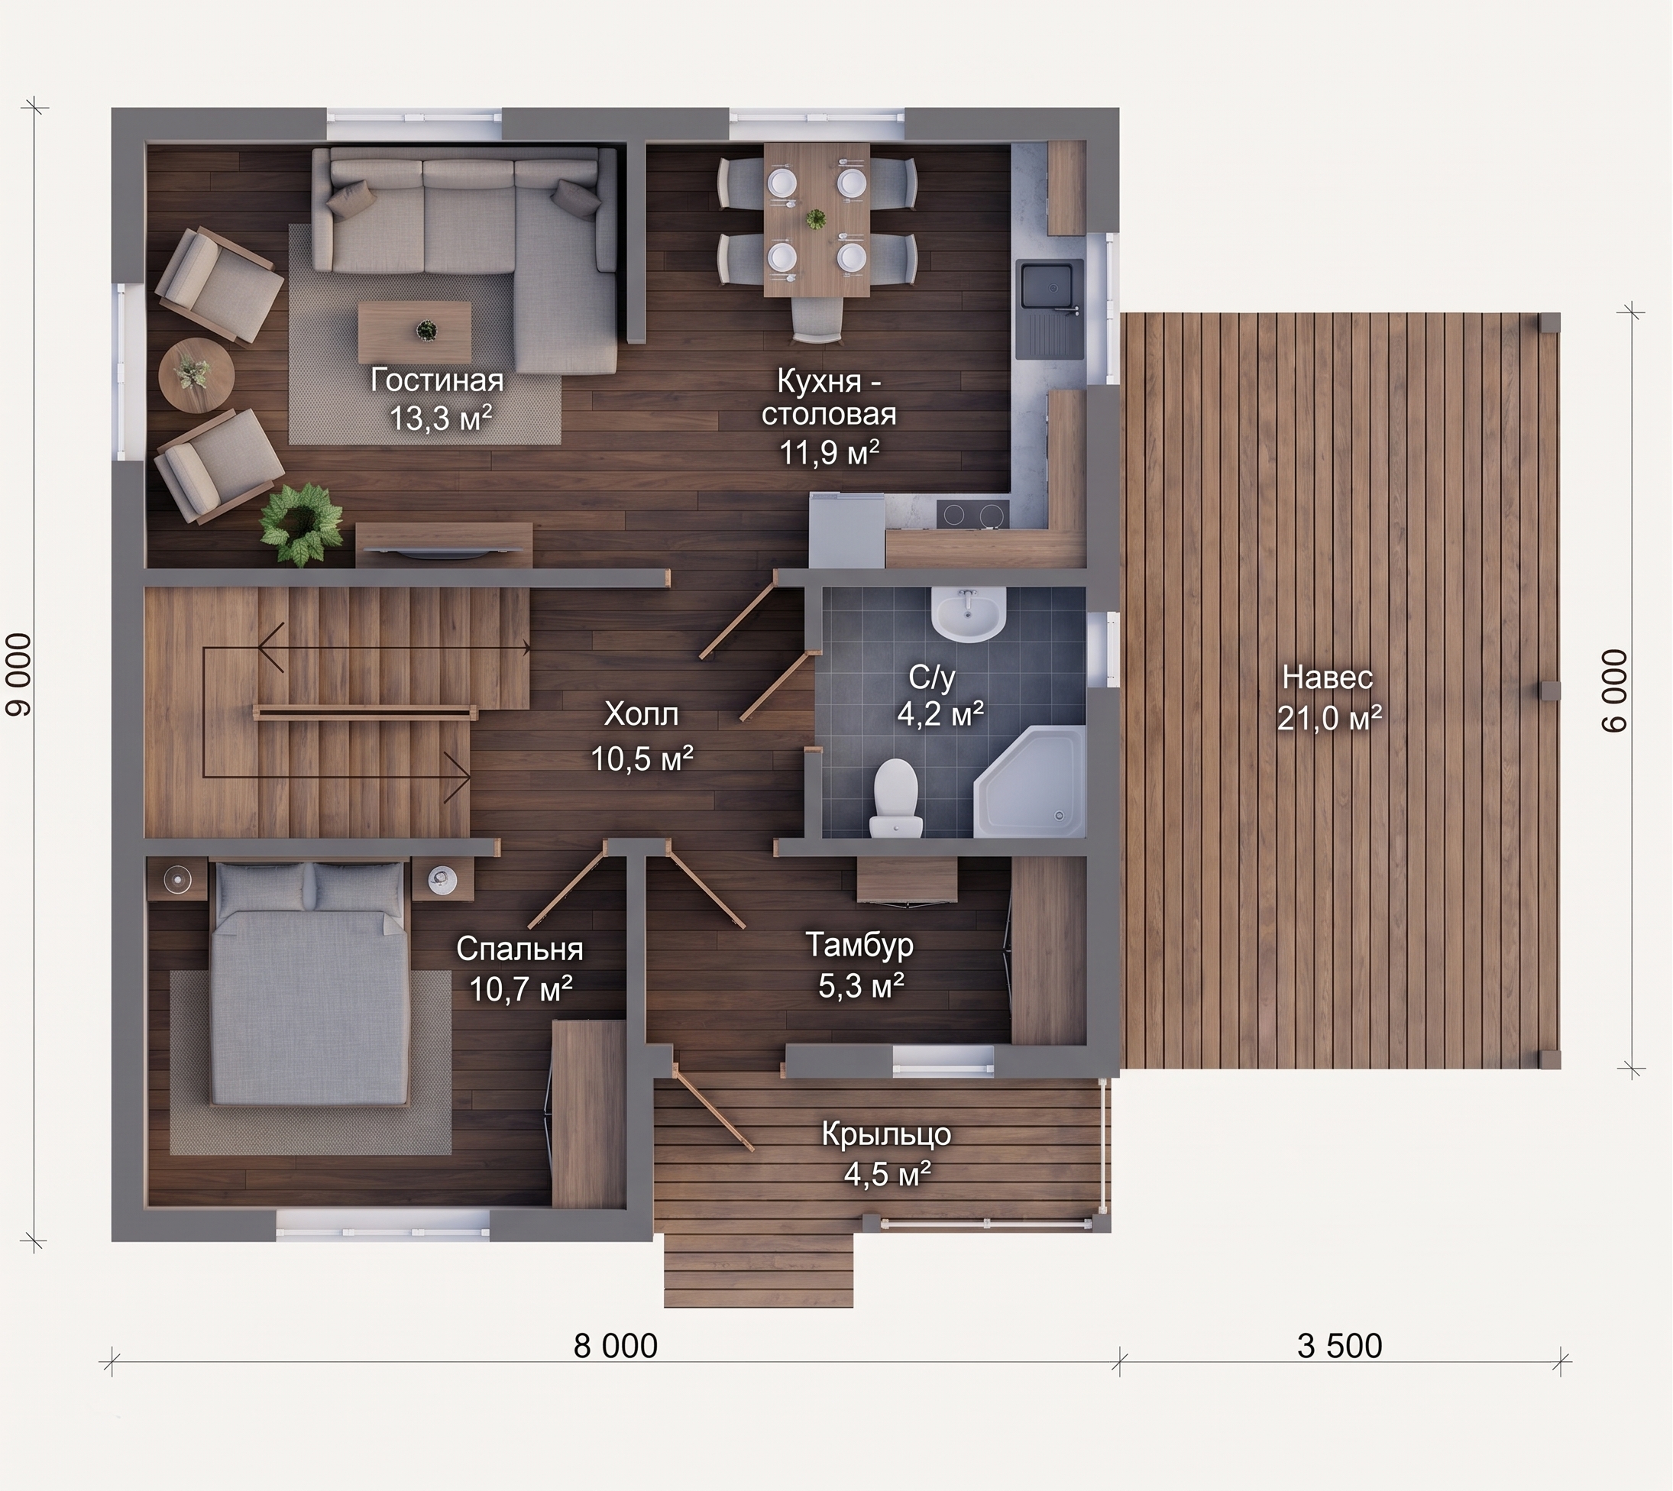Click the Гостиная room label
[x=437, y=380]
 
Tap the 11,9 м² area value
[x=829, y=452]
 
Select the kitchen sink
[x=1050, y=309]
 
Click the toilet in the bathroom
[x=895, y=798]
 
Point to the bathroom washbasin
[x=968, y=613]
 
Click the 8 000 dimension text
[x=615, y=1346]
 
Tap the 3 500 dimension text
[x=1340, y=1346]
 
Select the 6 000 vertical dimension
[x=1615, y=691]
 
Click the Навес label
[x=1327, y=678]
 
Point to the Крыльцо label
[x=886, y=1134]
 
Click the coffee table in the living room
[x=415, y=331]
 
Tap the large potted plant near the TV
[x=301, y=523]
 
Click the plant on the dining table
[x=816, y=218]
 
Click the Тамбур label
[x=859, y=945]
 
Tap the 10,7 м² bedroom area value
[x=520, y=989]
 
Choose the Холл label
[x=642, y=714]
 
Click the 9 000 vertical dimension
[x=19, y=674]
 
